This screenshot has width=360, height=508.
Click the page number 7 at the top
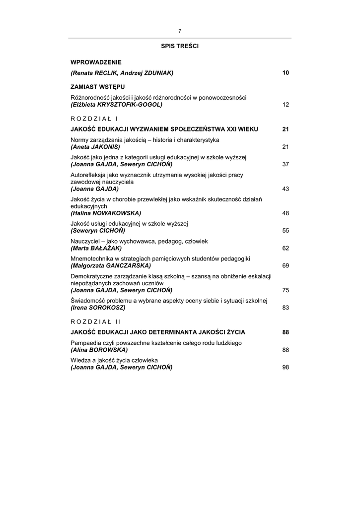point(180,31)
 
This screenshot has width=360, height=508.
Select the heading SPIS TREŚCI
point(180,46)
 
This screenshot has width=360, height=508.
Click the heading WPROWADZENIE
point(96,62)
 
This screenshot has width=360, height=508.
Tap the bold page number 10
point(286,73)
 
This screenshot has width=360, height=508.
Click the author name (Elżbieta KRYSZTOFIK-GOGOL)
point(116,105)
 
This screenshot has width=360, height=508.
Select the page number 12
point(286,105)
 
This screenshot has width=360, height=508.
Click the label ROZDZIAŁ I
point(94,119)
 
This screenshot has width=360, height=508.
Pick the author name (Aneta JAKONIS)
point(95,147)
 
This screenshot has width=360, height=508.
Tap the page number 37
point(286,164)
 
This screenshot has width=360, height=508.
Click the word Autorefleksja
point(88,175)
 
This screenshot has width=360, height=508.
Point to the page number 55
point(286,231)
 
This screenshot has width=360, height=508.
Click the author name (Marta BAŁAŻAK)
point(96,248)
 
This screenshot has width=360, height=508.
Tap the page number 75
point(286,290)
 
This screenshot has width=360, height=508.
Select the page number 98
point(286,367)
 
